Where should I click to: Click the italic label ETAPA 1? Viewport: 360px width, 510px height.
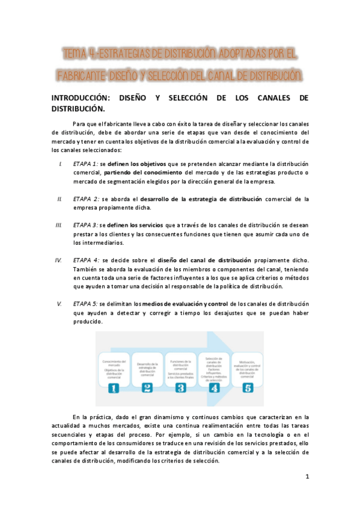tap(86, 164)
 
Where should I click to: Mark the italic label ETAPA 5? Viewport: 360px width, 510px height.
tap(85, 304)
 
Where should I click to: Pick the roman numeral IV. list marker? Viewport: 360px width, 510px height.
tap(58, 260)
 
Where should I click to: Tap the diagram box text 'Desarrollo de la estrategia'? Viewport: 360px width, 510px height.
tap(147, 367)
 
